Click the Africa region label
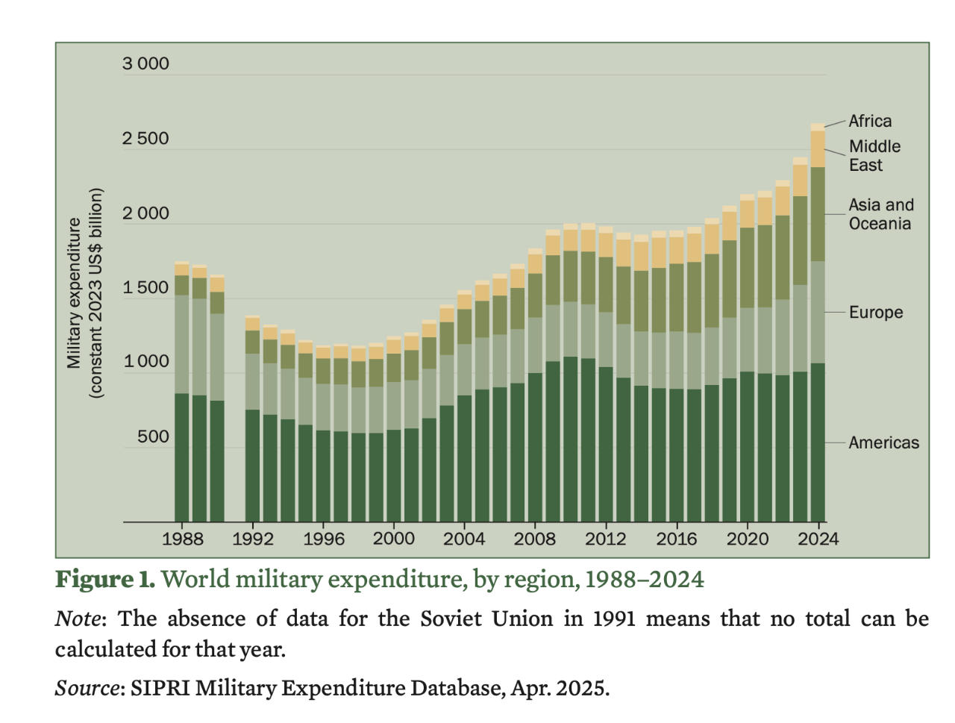pos(870,121)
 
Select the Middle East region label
pos(874,156)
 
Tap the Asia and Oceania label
pos(880,214)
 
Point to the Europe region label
pos(876,313)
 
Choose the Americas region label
pos(883,442)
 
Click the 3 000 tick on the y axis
pos(145,64)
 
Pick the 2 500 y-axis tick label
pos(145,139)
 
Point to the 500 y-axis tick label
pos(153,437)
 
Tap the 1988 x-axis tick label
pos(182,539)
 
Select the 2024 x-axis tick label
pos(818,539)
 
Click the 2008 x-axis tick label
pos(534,539)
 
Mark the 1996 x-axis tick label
pos(323,539)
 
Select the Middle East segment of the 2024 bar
pos(818,149)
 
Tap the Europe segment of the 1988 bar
pos(182,344)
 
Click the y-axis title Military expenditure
pos(74,292)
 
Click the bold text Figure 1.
pos(105,580)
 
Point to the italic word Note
pos(77,619)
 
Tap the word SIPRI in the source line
pos(160,688)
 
